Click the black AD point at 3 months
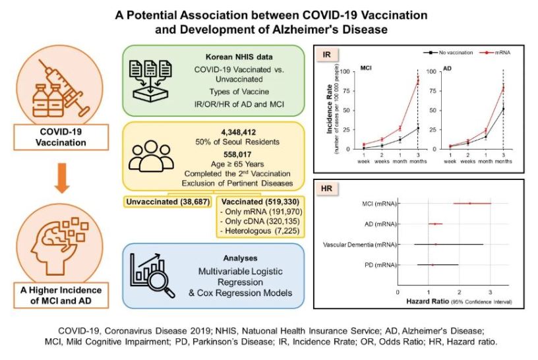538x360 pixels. coord(503,109)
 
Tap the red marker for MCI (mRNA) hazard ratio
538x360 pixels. coord(469,203)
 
